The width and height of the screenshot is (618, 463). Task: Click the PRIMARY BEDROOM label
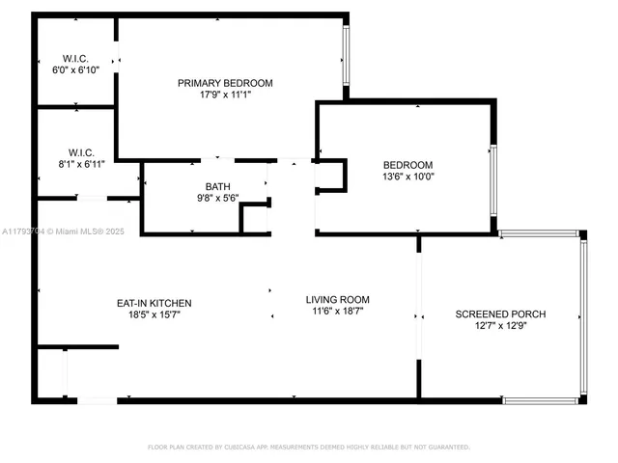[225, 83]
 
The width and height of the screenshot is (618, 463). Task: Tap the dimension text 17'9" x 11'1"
[225, 95]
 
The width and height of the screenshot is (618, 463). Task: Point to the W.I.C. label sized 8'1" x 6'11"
[80, 152]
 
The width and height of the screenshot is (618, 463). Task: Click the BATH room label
[217, 186]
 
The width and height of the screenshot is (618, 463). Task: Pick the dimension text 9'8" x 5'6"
[217, 198]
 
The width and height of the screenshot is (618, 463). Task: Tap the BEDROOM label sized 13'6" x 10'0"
[407, 164]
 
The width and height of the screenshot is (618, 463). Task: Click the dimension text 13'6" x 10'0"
[407, 177]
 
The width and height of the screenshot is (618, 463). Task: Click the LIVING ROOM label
[338, 300]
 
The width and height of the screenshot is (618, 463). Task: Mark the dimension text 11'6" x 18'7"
[338, 312]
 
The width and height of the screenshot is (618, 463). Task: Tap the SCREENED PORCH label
[500, 314]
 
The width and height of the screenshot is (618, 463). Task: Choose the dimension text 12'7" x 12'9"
[500, 327]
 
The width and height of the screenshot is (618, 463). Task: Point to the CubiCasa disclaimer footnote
[308, 447]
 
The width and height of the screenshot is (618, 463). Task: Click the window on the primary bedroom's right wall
[346, 59]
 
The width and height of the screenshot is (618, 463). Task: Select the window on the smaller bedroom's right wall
[493, 183]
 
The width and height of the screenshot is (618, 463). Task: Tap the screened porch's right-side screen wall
[582, 316]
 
